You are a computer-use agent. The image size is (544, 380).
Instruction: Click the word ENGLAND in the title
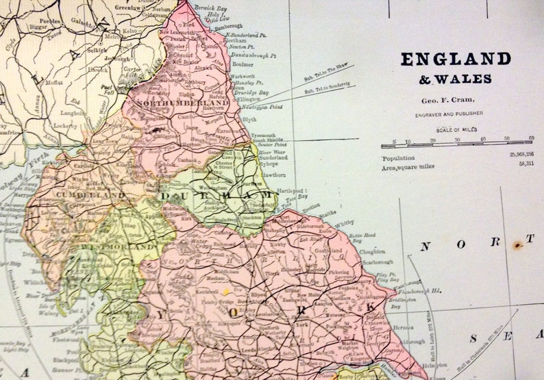(x=456, y=59)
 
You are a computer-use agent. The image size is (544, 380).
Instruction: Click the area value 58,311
(x=526, y=164)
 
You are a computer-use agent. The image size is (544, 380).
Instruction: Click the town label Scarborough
(x=377, y=262)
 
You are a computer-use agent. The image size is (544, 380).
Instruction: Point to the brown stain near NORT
(x=518, y=243)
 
